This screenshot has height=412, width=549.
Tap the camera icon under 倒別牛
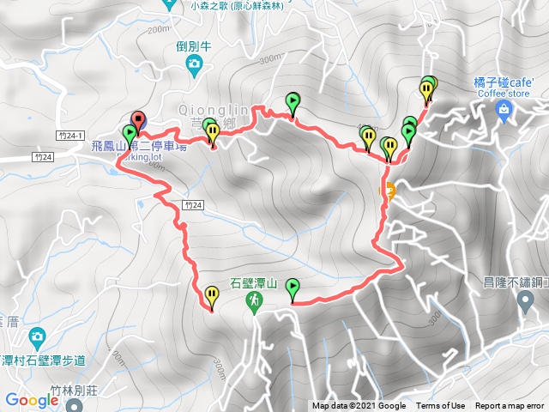point(195,64)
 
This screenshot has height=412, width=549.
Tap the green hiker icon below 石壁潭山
point(254,300)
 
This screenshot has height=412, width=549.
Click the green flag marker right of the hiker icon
point(293,288)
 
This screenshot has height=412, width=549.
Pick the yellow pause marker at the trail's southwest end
point(211,297)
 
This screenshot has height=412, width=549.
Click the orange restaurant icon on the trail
point(389,191)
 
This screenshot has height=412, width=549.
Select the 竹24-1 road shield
point(69,136)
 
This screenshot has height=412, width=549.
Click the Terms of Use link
point(440,406)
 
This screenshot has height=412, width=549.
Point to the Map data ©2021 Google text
point(359,406)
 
